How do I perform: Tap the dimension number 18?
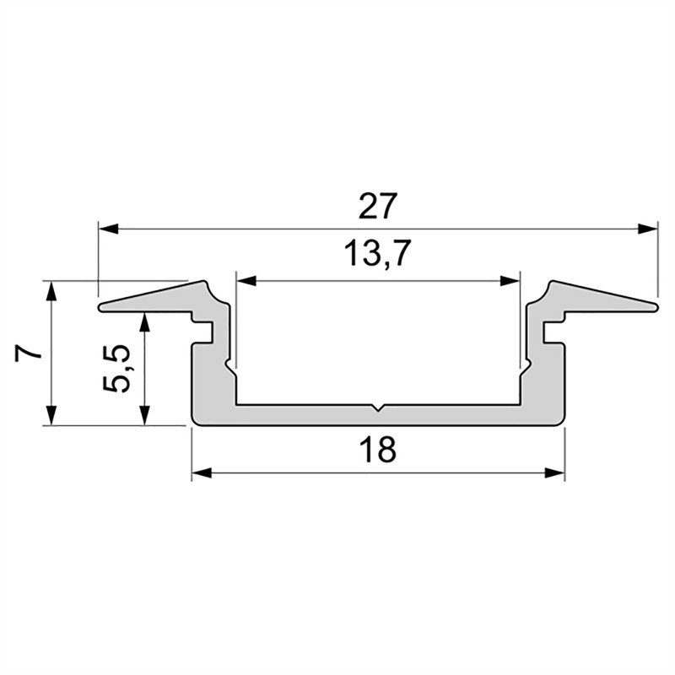[377, 450]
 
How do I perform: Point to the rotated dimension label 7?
[28, 352]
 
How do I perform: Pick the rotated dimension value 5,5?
[116, 368]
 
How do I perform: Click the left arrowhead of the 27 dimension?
[109, 229]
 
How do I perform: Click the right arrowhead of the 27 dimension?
[648, 229]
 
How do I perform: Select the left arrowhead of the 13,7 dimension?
[246, 281]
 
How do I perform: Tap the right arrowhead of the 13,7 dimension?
[510, 281]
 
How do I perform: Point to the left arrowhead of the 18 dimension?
[202, 473]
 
